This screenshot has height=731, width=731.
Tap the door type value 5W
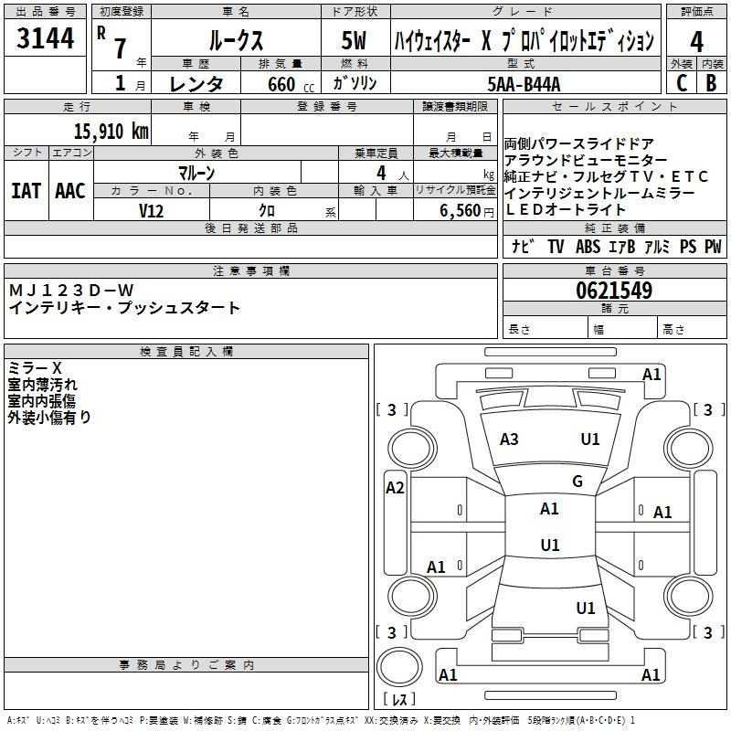point(356,41)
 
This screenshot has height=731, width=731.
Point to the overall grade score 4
point(696,41)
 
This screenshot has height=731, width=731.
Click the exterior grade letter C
point(681,82)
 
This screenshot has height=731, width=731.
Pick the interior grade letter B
point(712,82)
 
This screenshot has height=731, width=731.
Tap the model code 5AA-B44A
point(524,85)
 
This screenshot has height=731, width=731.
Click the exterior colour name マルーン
point(196,173)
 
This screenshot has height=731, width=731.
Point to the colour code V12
point(151,210)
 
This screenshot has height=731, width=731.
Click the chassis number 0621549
point(614,291)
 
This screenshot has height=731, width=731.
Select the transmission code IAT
point(26,191)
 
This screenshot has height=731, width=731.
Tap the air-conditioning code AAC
point(69,191)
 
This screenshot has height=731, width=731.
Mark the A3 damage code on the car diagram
point(509,440)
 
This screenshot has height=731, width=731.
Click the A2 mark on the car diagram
point(395,487)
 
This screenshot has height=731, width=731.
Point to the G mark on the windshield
point(577,482)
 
